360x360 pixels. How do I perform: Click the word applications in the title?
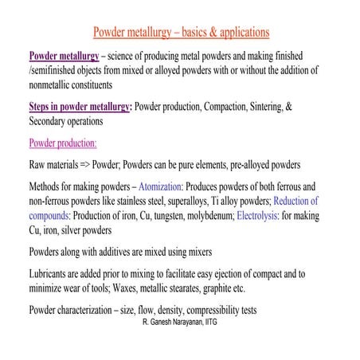coord(238,33)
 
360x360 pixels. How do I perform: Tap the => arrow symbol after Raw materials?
coord(83,166)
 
